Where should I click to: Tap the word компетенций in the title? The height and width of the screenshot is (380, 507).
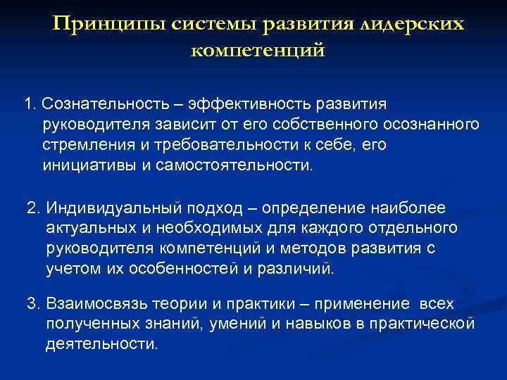pos(258,51)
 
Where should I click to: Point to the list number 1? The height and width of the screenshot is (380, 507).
pos(30,104)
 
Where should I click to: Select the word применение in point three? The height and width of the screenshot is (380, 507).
pos(366,304)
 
